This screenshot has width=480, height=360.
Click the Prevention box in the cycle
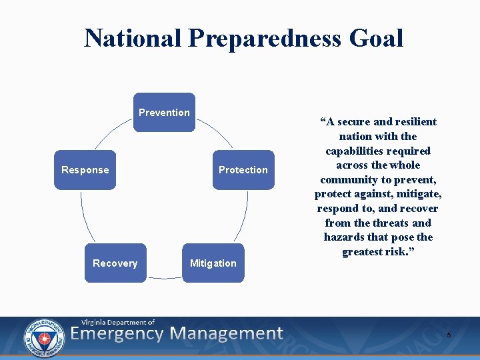coord(164,112)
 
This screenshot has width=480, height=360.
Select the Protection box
coord(243,169)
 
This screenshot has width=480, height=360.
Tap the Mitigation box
coord(213,263)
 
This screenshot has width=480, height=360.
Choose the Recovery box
coord(115,263)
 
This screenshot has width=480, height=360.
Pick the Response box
coord(85,169)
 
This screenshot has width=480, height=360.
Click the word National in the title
coord(133,38)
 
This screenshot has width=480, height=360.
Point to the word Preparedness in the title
coord(265,38)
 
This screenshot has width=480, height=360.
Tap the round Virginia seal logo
coord(43,335)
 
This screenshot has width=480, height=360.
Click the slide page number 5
coord(449,335)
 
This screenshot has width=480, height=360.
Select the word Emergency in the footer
coord(117,333)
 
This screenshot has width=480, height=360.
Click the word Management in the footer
coord(226,333)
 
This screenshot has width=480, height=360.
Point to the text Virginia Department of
coord(118,322)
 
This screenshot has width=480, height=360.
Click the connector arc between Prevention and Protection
coord(220,133)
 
